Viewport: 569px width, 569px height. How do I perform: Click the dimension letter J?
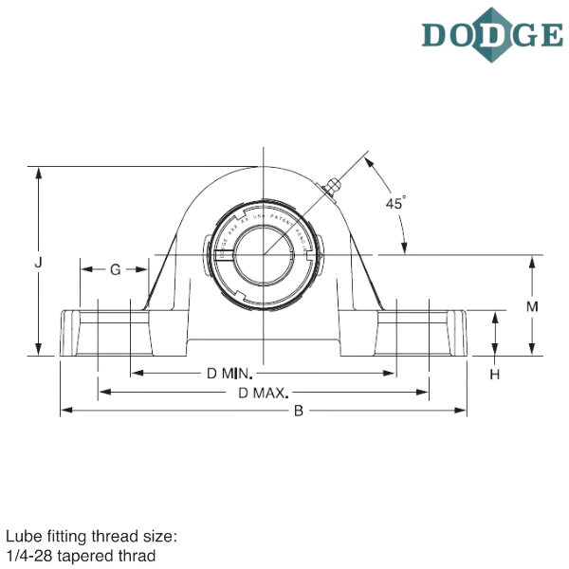(38, 266)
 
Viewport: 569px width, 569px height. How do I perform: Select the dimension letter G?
(115, 270)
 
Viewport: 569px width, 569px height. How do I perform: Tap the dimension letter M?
(532, 307)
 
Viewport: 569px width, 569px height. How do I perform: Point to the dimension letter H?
(495, 375)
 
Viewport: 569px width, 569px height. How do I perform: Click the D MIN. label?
(228, 374)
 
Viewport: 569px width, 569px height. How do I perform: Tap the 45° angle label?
(396, 202)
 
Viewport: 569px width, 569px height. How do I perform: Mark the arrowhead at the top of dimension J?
(38, 171)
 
